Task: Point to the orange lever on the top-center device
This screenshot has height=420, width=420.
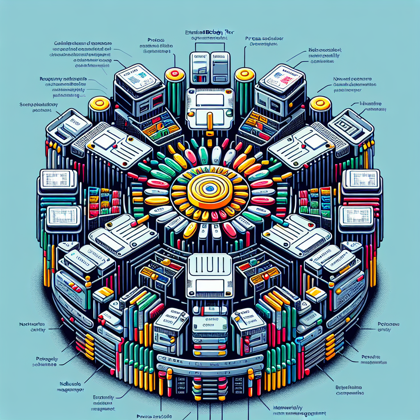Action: coord(210,122)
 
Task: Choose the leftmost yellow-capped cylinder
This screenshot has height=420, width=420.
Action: coord(98,103)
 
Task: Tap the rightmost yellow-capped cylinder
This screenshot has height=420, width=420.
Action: coord(320,103)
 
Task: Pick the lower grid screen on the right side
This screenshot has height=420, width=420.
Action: coord(356,214)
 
